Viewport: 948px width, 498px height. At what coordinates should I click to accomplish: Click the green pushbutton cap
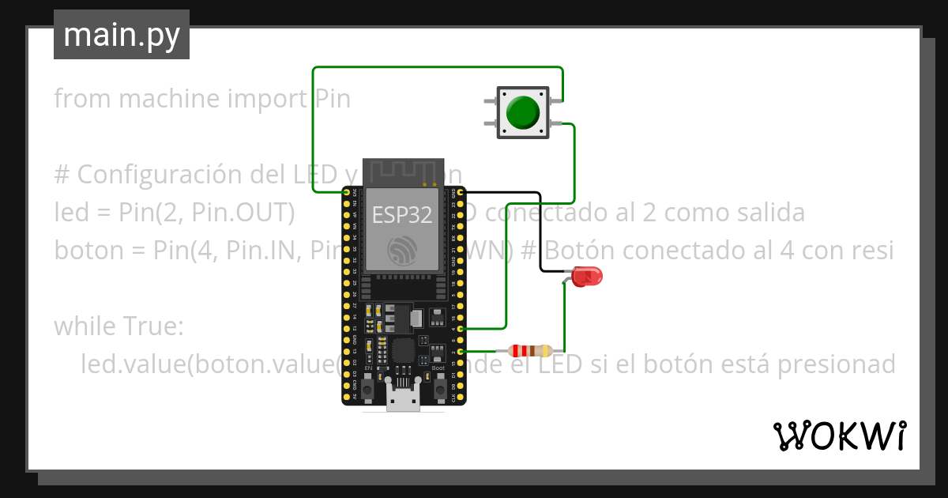pyautogui.click(x=521, y=113)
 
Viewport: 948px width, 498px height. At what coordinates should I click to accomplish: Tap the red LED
pyautogui.click(x=587, y=277)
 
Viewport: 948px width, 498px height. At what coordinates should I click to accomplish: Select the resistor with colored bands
pyautogui.click(x=530, y=351)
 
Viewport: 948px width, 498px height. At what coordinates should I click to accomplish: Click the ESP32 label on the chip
pyautogui.click(x=401, y=213)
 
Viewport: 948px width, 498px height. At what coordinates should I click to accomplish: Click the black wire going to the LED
pyautogui.click(x=540, y=229)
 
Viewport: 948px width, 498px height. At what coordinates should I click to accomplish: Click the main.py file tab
pyautogui.click(x=122, y=35)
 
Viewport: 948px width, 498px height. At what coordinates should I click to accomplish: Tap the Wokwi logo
pyautogui.click(x=838, y=436)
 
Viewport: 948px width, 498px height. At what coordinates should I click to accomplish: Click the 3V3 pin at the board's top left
pyautogui.click(x=346, y=192)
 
